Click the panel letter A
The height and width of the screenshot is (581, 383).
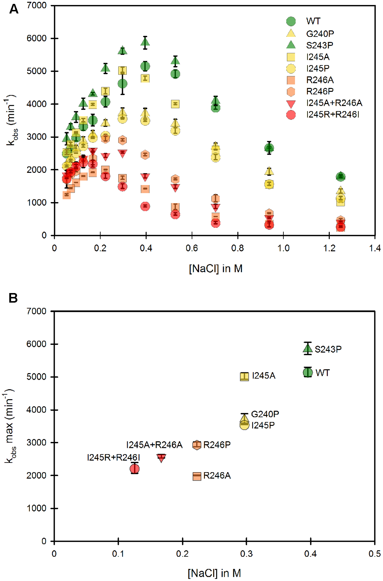(x=14, y=9)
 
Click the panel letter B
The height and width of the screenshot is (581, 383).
(x=13, y=298)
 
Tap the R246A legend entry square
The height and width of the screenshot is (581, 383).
(x=291, y=80)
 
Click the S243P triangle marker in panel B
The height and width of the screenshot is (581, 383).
(x=308, y=348)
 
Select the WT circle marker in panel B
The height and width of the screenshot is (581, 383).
(x=308, y=372)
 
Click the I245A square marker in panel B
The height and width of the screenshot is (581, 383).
(x=244, y=376)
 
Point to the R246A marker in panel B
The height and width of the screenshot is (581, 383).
(x=197, y=476)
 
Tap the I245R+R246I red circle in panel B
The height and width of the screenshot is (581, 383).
(x=135, y=469)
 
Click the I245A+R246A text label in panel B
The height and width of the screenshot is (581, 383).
(x=154, y=445)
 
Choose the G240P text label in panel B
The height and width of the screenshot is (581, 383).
(x=265, y=414)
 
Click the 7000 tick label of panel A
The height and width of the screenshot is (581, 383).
(x=37, y=5)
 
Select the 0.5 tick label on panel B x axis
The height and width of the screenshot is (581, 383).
(x=374, y=554)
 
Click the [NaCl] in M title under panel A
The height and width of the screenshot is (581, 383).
(x=215, y=269)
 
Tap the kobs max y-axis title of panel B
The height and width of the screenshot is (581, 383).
(x=10, y=426)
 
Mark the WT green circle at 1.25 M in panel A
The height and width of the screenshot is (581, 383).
(x=341, y=176)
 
